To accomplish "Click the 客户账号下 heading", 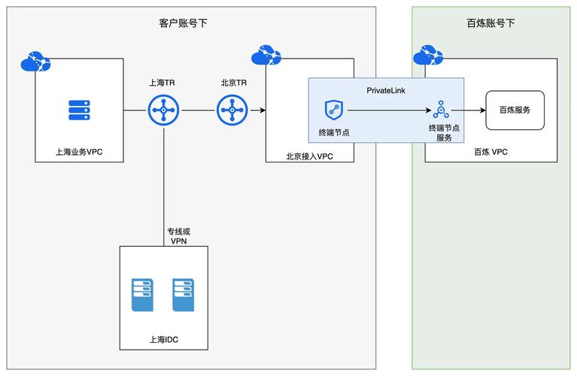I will tap(183, 23).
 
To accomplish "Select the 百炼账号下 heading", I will tap(490, 23).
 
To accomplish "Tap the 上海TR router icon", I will tap(163, 111).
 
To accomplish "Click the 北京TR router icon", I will tap(232, 111).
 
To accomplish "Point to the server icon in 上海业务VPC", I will tap(79, 110).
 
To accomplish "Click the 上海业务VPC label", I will tap(79, 151).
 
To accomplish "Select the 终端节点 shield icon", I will tap(334, 111).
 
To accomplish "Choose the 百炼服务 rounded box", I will tap(515, 110).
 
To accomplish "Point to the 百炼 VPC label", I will tap(490, 151).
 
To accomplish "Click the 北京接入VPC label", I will tap(309, 156).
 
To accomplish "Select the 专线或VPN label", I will tap(178, 236).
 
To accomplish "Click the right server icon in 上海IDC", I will tap(184, 296).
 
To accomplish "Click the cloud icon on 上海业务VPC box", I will tap(35, 59).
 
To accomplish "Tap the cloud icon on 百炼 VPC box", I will tap(427, 56).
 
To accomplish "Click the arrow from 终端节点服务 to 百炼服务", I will tap(468, 111).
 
